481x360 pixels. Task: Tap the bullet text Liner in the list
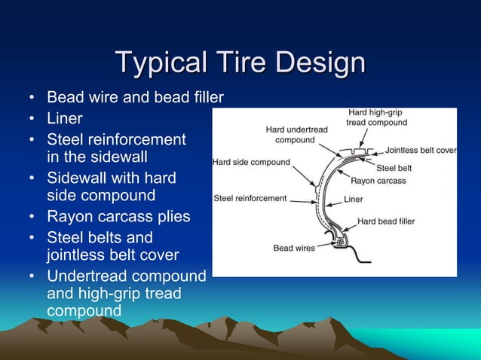pos(65,119)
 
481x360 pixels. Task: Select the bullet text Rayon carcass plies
pos(118,217)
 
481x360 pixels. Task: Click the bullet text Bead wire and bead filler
pos(135,98)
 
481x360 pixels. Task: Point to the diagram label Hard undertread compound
pos(296,135)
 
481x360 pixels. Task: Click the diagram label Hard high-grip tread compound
pos(376,117)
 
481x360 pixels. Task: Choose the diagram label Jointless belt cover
pos(421,151)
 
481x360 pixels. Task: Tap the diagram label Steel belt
pos(394,167)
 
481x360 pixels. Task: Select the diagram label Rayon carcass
pos(378,181)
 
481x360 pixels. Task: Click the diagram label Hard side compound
pos(251,162)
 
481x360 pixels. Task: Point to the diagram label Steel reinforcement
pos(250,199)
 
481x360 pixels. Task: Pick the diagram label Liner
pos(354,200)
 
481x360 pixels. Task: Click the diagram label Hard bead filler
pos(386,221)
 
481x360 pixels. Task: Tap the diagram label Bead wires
pos(294,248)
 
